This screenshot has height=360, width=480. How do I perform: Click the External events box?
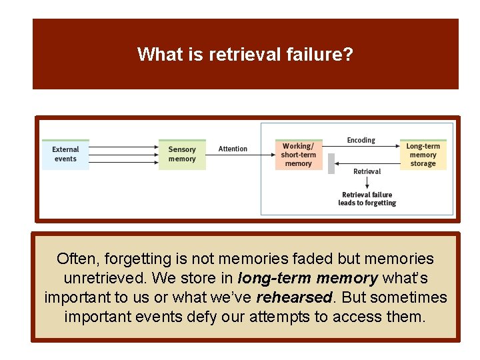click(65, 154)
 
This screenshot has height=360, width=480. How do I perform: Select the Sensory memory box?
click(182, 154)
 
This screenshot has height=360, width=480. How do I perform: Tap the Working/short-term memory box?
click(298, 155)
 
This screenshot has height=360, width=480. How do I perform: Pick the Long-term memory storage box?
click(423, 155)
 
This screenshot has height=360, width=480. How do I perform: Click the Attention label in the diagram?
click(233, 149)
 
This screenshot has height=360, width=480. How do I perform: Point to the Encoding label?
click(361, 140)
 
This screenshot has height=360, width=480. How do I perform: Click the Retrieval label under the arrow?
click(367, 171)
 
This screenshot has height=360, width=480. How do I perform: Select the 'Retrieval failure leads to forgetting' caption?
click(367, 199)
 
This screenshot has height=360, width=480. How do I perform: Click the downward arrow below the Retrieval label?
click(367, 183)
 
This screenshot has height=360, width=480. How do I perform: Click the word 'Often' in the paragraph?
click(75, 259)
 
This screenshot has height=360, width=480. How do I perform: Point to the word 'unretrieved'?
click(107, 278)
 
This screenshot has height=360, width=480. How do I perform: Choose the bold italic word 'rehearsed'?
click(294, 297)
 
